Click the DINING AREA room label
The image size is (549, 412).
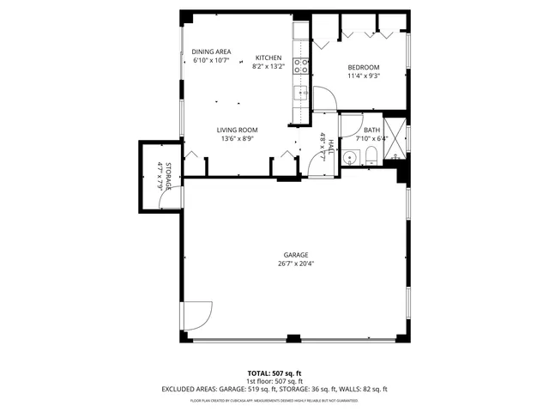pyautogui.click(x=211, y=51)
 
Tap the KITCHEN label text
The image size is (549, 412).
pyautogui.click(x=268, y=58)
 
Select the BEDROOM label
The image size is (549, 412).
pyautogui.click(x=363, y=66)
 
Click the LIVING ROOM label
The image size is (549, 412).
pyautogui.click(x=237, y=130)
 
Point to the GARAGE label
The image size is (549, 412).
pyautogui.click(x=296, y=255)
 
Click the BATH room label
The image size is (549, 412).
pyautogui.click(x=359, y=130)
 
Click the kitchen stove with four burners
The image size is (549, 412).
pyautogui.click(x=301, y=64)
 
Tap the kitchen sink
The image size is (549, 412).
pyautogui.click(x=301, y=93)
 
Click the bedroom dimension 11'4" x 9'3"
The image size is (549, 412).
pyautogui.click(x=363, y=76)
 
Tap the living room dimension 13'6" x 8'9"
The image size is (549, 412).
pyautogui.click(x=237, y=138)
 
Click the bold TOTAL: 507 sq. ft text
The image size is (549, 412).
pyautogui.click(x=274, y=373)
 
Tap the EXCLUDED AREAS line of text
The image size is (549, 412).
pyautogui.click(x=274, y=389)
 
